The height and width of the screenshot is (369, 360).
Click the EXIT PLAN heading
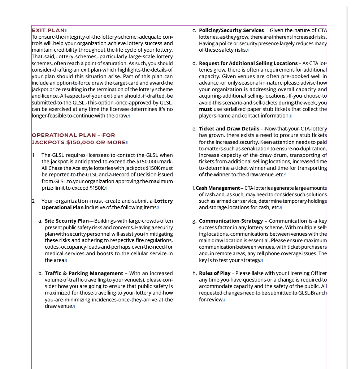48,30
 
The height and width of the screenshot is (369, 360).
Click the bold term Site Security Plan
67,221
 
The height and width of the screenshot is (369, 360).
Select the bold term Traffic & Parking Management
84,273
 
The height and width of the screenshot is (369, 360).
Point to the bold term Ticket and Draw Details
229,129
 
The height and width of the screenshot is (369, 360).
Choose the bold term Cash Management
218,188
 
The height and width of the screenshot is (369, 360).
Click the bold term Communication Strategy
231,221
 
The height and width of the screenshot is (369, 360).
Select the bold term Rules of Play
214,273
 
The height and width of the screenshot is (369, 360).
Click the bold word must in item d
205,109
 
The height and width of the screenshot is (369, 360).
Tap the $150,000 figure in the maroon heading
80,142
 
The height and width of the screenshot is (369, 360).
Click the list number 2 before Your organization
33,201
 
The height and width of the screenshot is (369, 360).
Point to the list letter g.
194,221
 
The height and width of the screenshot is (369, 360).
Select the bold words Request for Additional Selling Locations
248,63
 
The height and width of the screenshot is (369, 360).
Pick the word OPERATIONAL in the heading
54,135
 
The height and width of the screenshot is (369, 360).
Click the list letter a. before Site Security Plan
40,221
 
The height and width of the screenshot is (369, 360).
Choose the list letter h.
194,273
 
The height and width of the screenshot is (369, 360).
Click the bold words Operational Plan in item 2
62,207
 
